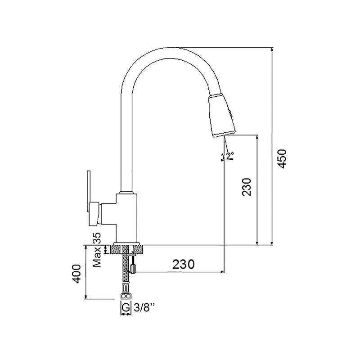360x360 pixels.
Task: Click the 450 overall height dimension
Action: (282, 159)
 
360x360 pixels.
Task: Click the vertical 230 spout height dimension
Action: (247, 187)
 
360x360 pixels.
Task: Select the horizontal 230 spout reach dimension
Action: (184, 264)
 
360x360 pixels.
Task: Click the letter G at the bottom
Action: (126, 307)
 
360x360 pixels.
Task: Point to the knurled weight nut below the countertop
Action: (133, 268)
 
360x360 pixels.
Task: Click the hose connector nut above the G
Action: (126, 297)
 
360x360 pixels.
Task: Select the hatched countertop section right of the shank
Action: (138, 249)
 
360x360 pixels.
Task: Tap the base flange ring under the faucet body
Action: (126, 243)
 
